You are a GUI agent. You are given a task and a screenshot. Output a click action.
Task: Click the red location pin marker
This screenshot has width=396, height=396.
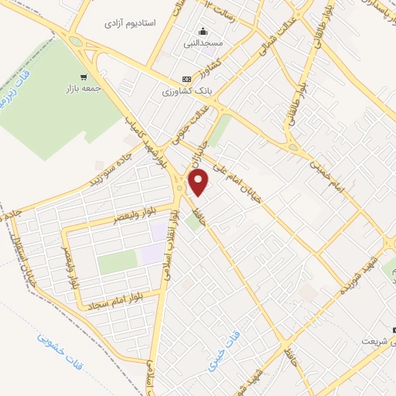200,183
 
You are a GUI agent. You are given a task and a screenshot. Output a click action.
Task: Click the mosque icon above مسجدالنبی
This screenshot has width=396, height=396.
203,32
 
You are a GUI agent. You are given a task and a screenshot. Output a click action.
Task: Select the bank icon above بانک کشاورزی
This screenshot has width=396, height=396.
186,79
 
